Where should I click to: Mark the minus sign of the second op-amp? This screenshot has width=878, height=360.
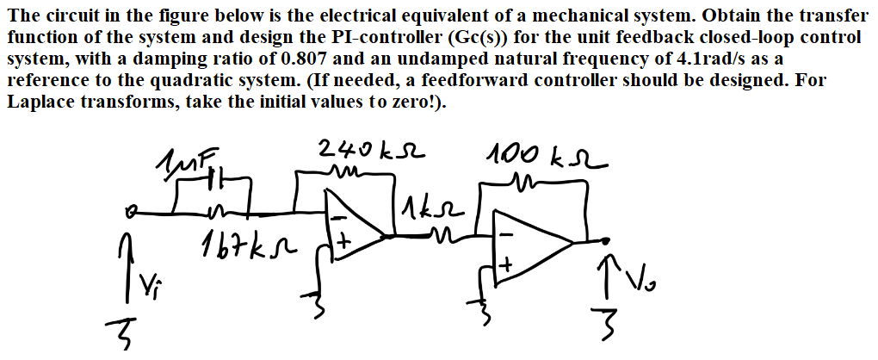pyautogui.click(x=508, y=233)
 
